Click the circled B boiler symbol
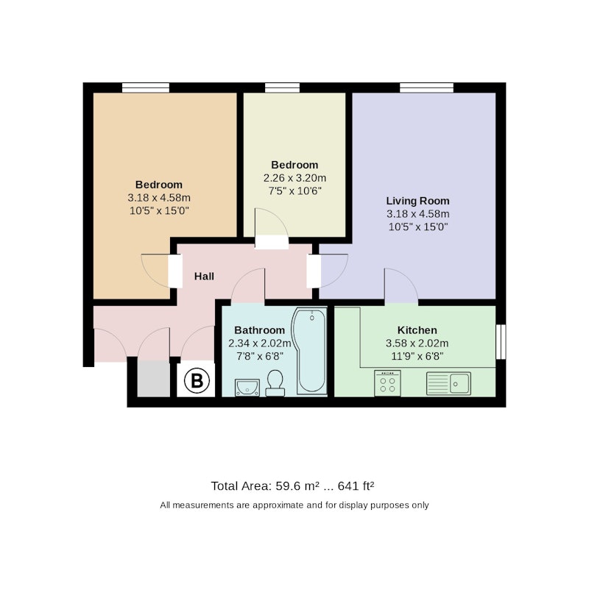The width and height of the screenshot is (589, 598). pos(197,380)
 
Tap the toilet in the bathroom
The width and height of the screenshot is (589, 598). pos(275,383)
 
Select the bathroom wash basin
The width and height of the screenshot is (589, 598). pos(247,388)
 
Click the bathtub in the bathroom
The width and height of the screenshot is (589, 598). pos(309,351)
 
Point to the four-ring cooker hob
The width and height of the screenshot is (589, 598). pos(387,383)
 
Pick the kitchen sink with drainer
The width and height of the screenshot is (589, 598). pos(448,383)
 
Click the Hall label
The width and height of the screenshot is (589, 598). pos(204,276)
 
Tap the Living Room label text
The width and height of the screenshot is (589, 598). pos(417,201)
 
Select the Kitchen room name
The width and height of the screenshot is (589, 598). pos(417,330)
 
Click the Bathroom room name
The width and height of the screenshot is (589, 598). pos(260,330)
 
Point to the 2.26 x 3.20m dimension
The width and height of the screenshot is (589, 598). pos(294,178)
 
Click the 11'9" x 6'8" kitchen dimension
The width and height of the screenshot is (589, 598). pos(417,356)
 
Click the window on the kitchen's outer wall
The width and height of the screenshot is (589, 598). pos(501,342)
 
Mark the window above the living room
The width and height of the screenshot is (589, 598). pos(427,88)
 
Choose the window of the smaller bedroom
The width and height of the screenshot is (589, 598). pos(282,88)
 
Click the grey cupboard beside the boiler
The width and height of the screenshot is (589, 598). pos(154,378)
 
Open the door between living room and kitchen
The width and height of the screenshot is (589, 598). pos(401,286)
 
